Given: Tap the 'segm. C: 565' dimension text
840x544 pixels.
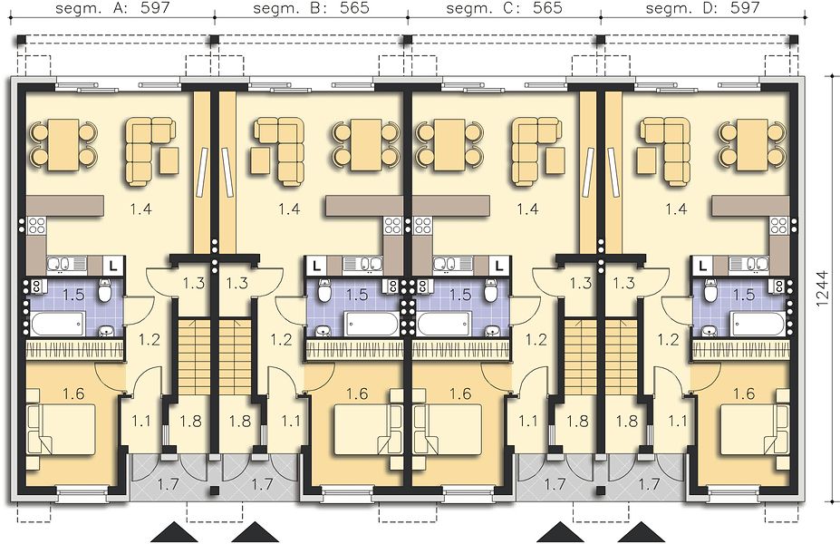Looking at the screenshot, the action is [x=504, y=7].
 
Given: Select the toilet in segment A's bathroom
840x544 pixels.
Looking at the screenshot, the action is [x=105, y=292].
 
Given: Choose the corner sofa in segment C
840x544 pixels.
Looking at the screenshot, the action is [x=530, y=152].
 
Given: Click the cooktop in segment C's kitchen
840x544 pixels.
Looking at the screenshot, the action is [x=422, y=226].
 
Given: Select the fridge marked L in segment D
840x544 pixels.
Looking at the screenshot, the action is [x=702, y=265].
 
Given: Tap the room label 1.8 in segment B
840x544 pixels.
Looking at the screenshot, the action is [x=239, y=422].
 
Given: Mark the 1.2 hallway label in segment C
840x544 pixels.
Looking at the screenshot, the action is [x=536, y=339].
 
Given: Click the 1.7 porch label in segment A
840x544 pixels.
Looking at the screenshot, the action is [x=168, y=485].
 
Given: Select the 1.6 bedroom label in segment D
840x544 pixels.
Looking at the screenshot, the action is [x=744, y=393].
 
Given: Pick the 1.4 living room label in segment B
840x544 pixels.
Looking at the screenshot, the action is [x=289, y=209].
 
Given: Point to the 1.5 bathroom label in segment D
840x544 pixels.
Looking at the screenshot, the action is [x=744, y=295].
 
